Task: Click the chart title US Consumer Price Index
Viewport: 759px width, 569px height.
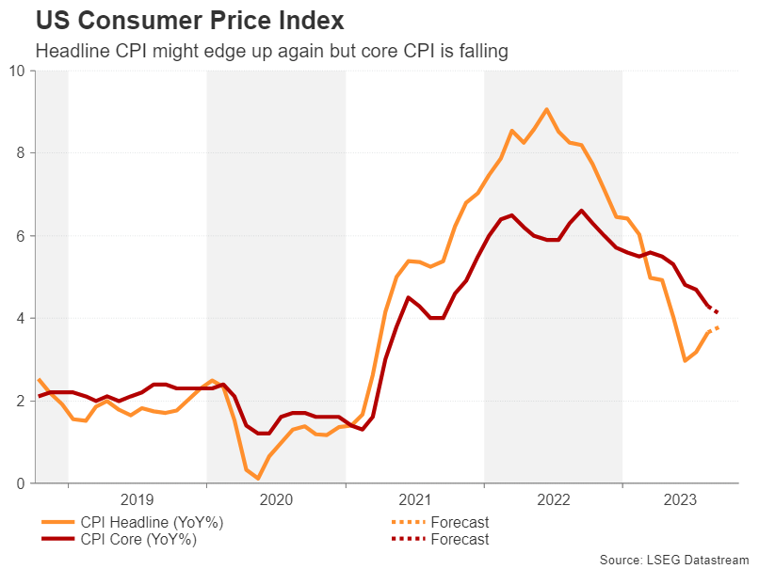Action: click(x=189, y=20)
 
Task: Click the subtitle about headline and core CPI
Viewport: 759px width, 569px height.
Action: click(x=271, y=52)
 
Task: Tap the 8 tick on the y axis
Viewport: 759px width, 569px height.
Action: click(x=22, y=153)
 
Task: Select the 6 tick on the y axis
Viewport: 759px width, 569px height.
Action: click(x=22, y=236)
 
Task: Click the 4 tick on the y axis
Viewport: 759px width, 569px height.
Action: click(x=22, y=319)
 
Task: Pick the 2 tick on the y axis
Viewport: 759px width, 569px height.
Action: click(x=22, y=402)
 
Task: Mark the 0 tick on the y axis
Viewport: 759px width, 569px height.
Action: click(x=22, y=483)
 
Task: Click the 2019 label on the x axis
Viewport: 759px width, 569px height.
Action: click(x=137, y=501)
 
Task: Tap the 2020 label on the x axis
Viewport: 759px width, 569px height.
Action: click(x=276, y=501)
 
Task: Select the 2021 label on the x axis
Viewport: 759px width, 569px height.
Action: click(x=415, y=501)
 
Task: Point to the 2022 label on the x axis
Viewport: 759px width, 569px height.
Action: click(x=554, y=501)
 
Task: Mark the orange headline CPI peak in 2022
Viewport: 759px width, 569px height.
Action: click(x=546, y=109)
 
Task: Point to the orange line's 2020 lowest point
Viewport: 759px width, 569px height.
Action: click(x=258, y=479)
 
